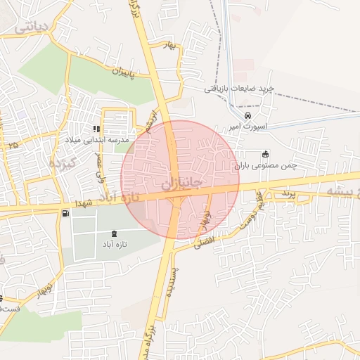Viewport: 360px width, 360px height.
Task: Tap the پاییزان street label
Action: [x=131, y=73]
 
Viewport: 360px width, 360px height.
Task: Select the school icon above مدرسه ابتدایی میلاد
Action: [x=97, y=129]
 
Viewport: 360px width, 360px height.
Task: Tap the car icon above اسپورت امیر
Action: [x=247, y=115]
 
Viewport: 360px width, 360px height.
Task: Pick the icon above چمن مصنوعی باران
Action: [x=264, y=155]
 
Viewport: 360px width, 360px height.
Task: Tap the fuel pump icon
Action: [x=65, y=213]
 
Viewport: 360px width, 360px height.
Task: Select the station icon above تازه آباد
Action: [x=115, y=233]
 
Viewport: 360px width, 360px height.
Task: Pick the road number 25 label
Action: [x=12, y=145]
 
